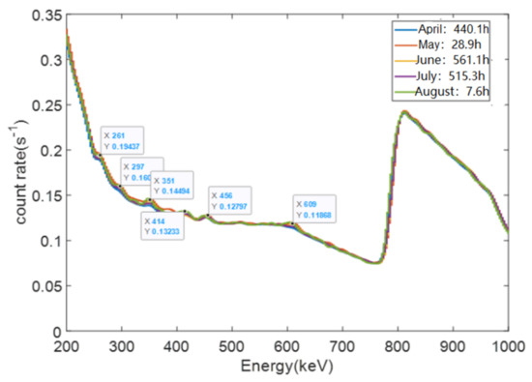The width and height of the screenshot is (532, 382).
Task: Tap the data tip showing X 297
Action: [x=139, y=172]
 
